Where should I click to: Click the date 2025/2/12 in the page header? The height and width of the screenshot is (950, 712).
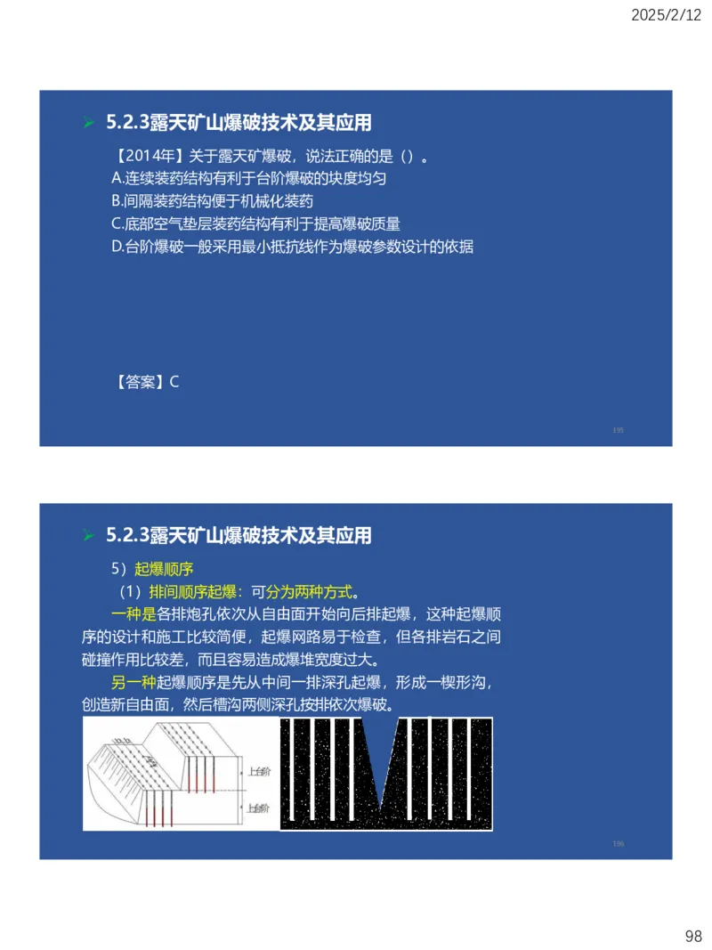pos(667,15)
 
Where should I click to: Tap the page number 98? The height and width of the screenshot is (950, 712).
pos(693,936)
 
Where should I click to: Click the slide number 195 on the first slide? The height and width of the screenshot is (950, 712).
pos(618,430)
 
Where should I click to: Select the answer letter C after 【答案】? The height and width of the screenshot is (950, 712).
pos(174,382)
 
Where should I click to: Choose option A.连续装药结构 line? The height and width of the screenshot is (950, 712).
pos(248,179)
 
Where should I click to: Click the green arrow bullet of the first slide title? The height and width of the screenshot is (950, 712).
pos(88,123)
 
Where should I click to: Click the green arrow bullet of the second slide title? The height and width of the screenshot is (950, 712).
pos(88,536)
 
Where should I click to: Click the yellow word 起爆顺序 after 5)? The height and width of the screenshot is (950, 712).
pos(164,568)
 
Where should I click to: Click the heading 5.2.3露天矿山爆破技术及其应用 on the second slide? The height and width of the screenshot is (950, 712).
pos(239,535)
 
